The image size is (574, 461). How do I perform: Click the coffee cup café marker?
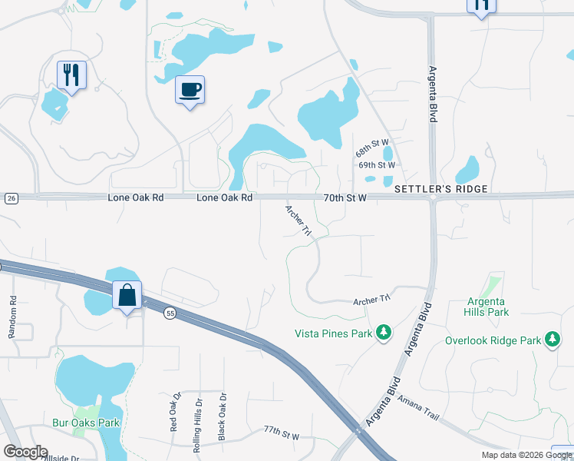[x=190, y=91]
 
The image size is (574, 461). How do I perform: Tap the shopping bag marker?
[x=127, y=296]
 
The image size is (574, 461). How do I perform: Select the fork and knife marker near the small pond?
[x=71, y=75]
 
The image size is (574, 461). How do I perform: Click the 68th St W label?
[x=373, y=148]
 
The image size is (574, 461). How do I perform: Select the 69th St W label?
[x=377, y=165]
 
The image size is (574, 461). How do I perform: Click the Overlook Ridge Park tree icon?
[x=552, y=340]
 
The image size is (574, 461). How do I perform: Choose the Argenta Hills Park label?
[x=487, y=307]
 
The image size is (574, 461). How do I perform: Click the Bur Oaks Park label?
[x=86, y=423]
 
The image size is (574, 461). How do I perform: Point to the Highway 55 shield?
[x=170, y=311]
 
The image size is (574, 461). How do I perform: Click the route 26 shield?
[x=11, y=198]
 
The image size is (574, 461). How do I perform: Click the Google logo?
[x=25, y=452]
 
